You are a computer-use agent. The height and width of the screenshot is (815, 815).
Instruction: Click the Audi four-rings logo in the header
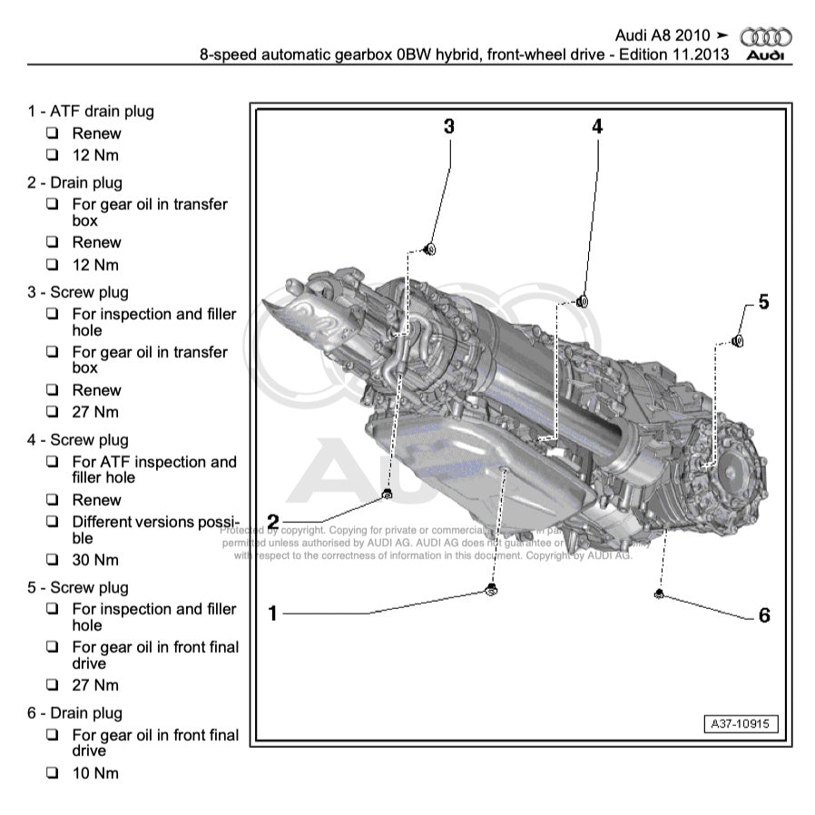[x=766, y=37]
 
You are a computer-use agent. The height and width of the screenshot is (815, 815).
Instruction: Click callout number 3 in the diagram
[x=448, y=126]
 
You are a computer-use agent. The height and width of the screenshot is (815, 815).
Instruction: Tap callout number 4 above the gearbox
[x=597, y=127]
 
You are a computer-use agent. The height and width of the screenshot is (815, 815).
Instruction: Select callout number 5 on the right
[x=763, y=301]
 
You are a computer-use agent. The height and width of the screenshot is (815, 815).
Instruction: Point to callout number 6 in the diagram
[x=764, y=615]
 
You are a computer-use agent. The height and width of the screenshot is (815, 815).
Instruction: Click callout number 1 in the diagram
[x=271, y=614]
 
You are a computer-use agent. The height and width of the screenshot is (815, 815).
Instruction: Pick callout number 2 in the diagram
[x=271, y=522]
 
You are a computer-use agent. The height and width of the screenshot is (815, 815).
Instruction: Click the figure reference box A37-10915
[x=741, y=725]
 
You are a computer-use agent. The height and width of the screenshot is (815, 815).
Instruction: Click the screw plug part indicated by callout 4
[x=583, y=300]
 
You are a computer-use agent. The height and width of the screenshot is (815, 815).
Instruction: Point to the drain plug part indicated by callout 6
[x=657, y=594]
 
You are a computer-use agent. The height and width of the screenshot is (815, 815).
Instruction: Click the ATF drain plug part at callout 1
[x=491, y=591]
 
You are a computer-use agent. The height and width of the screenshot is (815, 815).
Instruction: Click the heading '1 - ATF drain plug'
[x=91, y=112]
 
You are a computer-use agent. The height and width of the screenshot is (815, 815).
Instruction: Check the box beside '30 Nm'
[x=53, y=560]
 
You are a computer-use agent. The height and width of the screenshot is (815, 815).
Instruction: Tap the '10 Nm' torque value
[x=95, y=773]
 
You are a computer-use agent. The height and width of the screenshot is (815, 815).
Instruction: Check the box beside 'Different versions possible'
[x=53, y=522]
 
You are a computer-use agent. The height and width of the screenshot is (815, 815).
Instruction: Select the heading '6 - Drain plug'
[x=74, y=713]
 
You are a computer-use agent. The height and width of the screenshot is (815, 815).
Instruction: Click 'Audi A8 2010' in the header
[x=663, y=35]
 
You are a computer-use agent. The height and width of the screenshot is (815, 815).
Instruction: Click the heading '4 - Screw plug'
[x=78, y=440]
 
